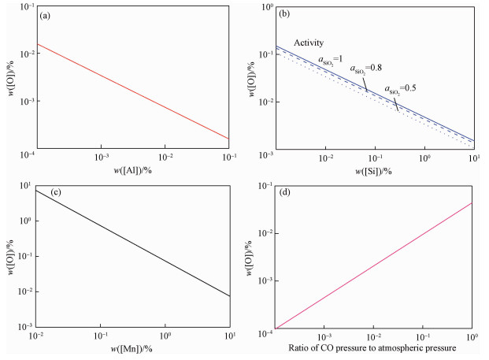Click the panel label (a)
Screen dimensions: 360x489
pyautogui.click(x=47, y=14)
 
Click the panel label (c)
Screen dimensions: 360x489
pyautogui.click(x=47, y=191)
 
